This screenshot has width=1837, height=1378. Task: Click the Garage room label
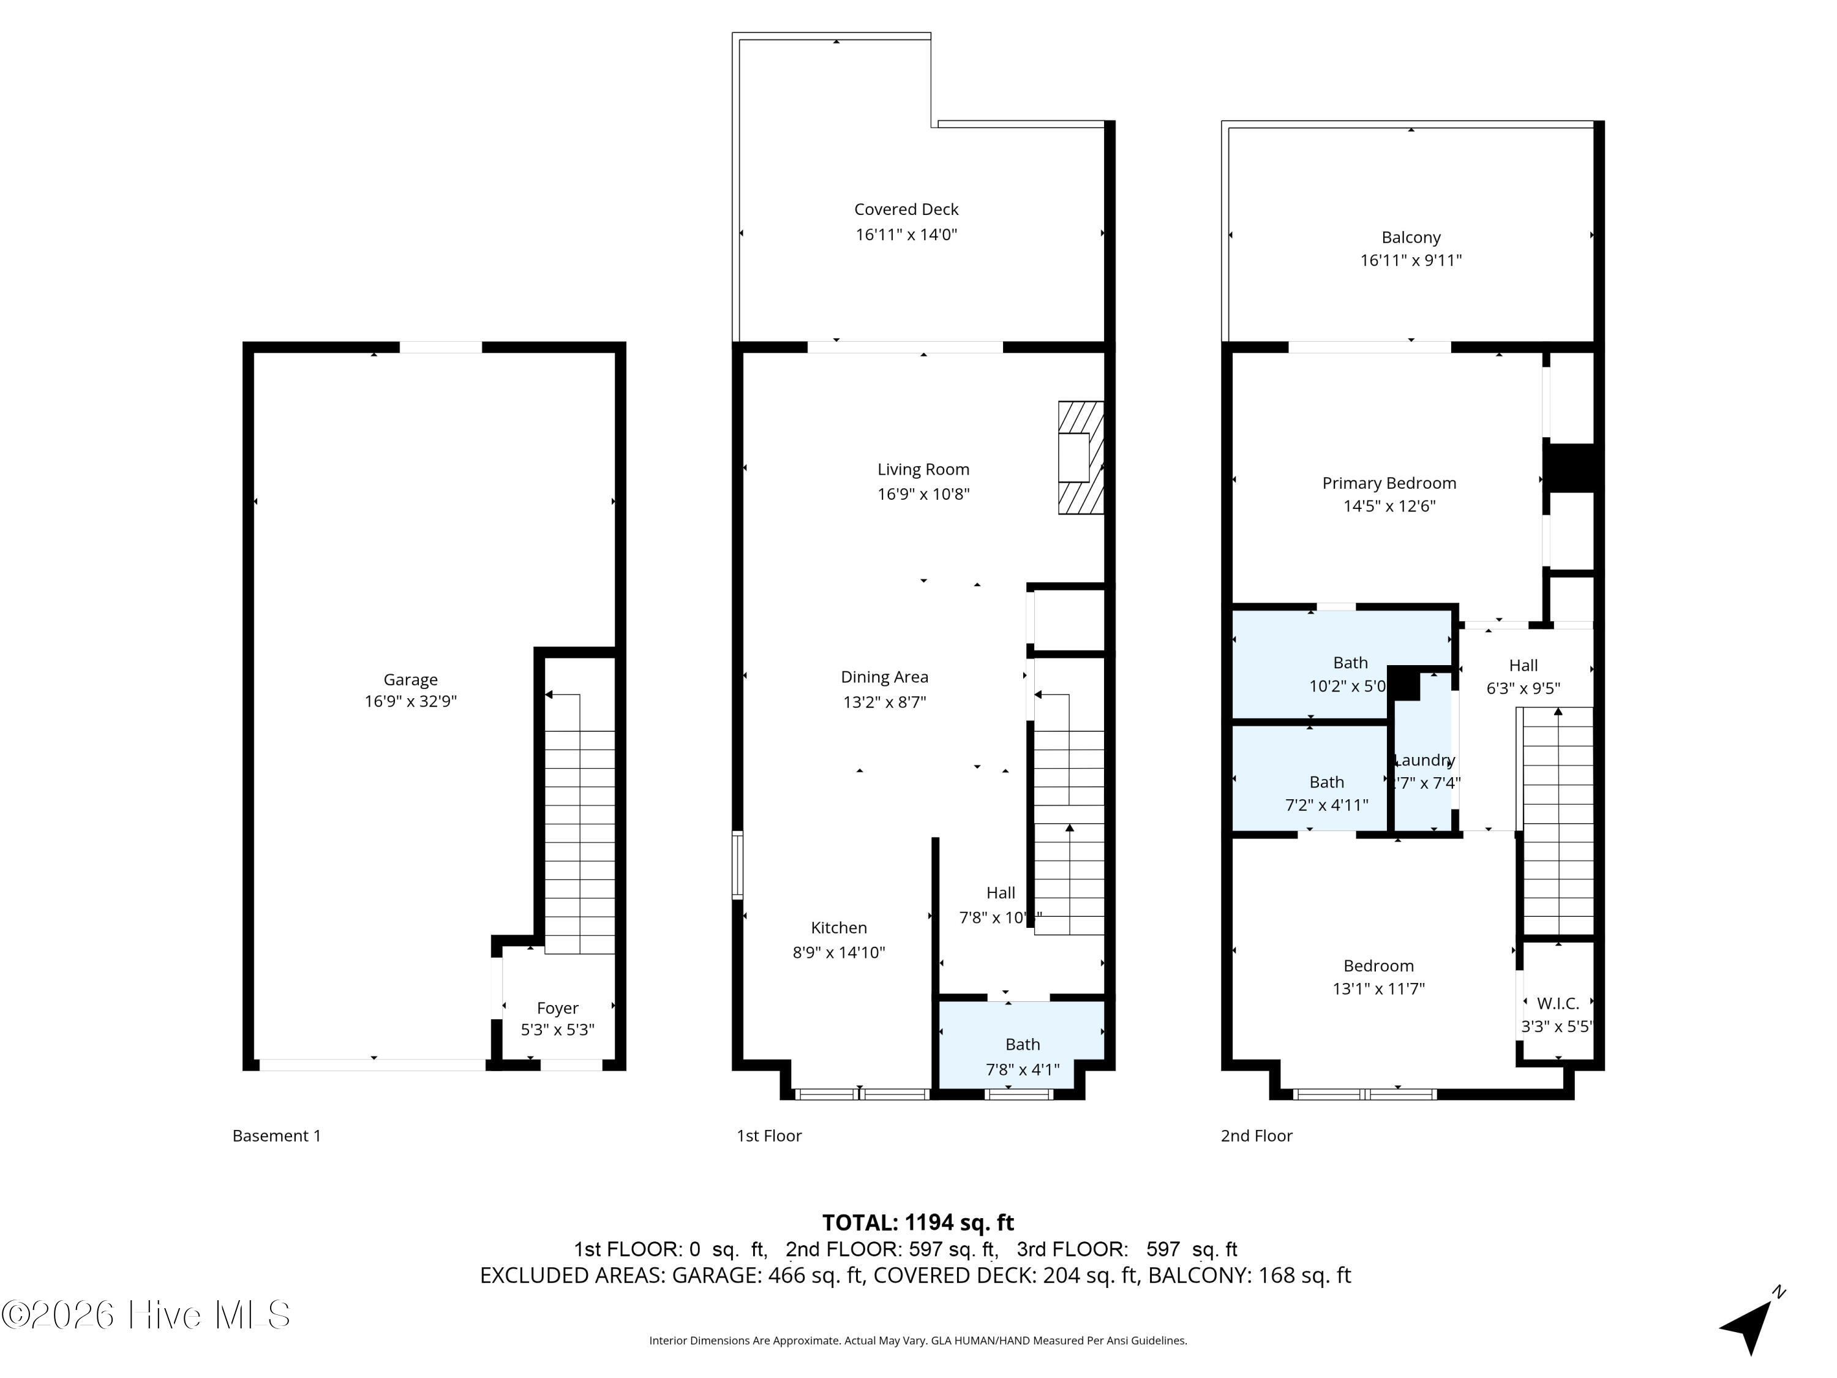pyautogui.click(x=410, y=679)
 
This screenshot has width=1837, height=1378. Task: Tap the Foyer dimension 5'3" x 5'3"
pyautogui.click(x=557, y=1030)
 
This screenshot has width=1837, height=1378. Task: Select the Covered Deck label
pyautogui.click(x=906, y=209)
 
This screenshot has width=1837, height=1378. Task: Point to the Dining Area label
pyautogui.click(x=884, y=677)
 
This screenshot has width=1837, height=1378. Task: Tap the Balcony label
pyautogui.click(x=1410, y=238)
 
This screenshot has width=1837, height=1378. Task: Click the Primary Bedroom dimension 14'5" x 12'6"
pyautogui.click(x=1389, y=506)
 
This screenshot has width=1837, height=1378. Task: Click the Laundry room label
pyautogui.click(x=1424, y=760)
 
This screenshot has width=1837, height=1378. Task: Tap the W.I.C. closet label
pyautogui.click(x=1557, y=1003)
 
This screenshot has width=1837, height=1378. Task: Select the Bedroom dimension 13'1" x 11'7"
pyautogui.click(x=1378, y=988)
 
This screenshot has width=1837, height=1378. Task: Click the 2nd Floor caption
pyautogui.click(x=1257, y=1135)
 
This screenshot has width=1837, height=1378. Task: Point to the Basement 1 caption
pyautogui.click(x=277, y=1135)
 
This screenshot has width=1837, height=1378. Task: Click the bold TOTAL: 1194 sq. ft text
pyautogui.click(x=918, y=1222)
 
